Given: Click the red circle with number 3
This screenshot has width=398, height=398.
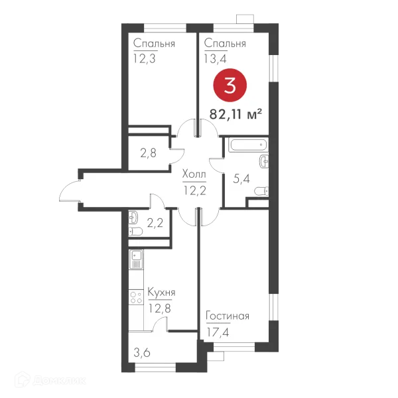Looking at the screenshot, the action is click(230, 86).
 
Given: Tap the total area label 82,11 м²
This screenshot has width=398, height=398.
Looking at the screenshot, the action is click(235, 115).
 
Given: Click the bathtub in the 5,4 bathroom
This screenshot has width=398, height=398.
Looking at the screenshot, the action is click(248, 145).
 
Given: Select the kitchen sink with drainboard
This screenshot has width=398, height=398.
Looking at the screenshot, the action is click(136, 259).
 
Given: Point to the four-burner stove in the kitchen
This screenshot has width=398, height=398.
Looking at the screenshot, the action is click(136, 297).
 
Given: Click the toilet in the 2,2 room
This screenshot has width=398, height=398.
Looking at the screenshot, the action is click(135, 232).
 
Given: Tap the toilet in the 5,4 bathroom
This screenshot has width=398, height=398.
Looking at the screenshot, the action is click(261, 191).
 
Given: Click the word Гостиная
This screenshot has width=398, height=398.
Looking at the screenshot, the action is click(228, 316).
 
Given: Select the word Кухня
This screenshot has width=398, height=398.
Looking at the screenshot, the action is click(161, 293).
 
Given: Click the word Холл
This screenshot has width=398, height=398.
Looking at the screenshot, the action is click(194, 174).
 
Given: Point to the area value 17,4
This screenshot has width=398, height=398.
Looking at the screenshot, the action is click(218, 332).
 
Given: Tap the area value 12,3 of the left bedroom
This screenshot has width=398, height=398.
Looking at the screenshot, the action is click(144, 59).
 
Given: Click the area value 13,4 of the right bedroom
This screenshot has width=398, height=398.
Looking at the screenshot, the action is click(215, 59).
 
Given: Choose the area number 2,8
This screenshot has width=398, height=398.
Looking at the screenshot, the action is click(148, 153).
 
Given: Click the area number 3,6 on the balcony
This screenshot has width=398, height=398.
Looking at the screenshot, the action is click(142, 353).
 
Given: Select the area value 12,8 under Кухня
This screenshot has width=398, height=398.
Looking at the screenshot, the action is click(160, 308).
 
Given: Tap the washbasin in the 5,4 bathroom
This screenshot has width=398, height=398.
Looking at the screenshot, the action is click(264, 161).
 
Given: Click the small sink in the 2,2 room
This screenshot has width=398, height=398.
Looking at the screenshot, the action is click(133, 218).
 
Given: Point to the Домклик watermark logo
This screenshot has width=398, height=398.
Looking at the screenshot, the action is click(50, 380).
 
